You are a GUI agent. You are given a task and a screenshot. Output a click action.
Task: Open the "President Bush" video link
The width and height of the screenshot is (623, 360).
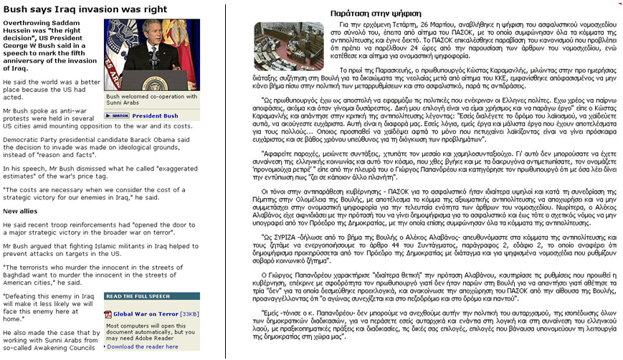click(155, 115)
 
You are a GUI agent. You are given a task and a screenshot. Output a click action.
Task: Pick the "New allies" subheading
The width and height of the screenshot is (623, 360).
click(21, 211)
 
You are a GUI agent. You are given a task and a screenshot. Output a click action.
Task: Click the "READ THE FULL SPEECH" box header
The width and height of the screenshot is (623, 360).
click(138, 295)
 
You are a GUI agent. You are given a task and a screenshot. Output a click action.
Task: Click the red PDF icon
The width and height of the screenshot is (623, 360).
click(108, 313)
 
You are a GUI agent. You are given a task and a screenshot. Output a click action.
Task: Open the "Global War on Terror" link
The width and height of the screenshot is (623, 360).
click(146, 313)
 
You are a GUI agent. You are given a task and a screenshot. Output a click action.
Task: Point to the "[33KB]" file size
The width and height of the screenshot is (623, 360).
click(189, 313)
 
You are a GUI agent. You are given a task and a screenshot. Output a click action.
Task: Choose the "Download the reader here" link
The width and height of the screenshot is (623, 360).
click(142, 346)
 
